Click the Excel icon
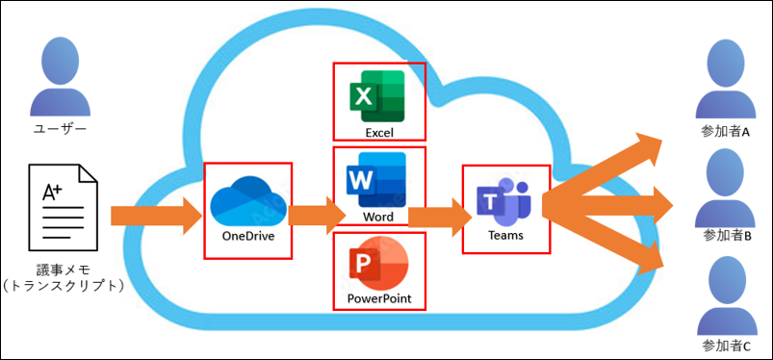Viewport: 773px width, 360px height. [x=377, y=96]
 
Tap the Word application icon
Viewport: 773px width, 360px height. [x=376, y=180]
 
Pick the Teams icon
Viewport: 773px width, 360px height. [x=503, y=201]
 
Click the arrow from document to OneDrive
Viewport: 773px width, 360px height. [x=157, y=216]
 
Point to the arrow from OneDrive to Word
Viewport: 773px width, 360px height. [x=318, y=216]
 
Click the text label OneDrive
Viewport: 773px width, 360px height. [x=248, y=236]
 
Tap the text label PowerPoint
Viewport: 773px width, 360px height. [x=379, y=298]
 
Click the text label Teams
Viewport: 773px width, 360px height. [x=505, y=236]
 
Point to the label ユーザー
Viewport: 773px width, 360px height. [x=60, y=129]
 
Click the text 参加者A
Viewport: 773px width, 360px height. [x=725, y=133]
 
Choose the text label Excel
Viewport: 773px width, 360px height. [x=379, y=132]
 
